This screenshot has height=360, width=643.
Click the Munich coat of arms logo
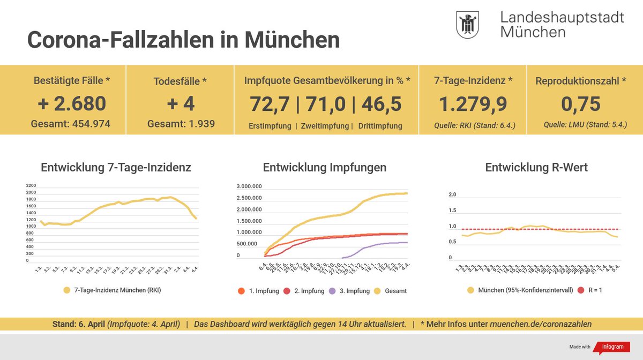467,25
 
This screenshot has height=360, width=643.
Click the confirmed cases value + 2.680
72,103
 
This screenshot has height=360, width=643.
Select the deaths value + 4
180,103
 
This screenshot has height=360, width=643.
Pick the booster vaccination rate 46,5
381,103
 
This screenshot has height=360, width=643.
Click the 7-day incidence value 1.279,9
473,103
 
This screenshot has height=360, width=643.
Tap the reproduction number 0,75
580,103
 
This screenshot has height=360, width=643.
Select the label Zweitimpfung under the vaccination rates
325,126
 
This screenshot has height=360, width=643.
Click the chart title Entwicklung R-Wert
536,168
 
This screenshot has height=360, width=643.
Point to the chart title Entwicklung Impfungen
324,168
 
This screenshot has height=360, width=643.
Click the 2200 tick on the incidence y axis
31,185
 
